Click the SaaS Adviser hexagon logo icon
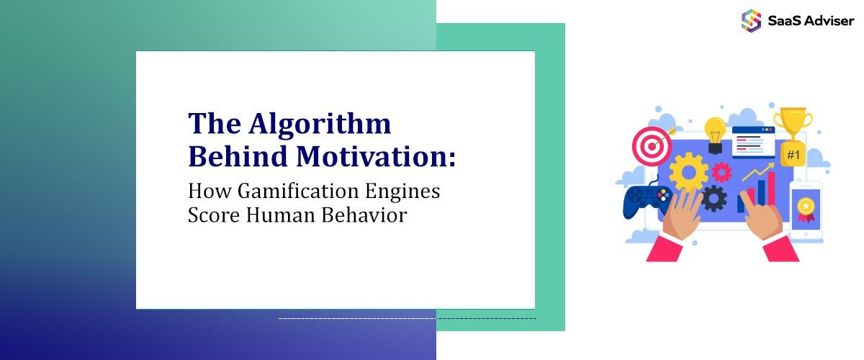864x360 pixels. coord(751,20)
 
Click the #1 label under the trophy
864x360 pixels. coord(793,154)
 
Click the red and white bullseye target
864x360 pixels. coord(651,146)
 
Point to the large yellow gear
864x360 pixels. coord(688,171)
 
